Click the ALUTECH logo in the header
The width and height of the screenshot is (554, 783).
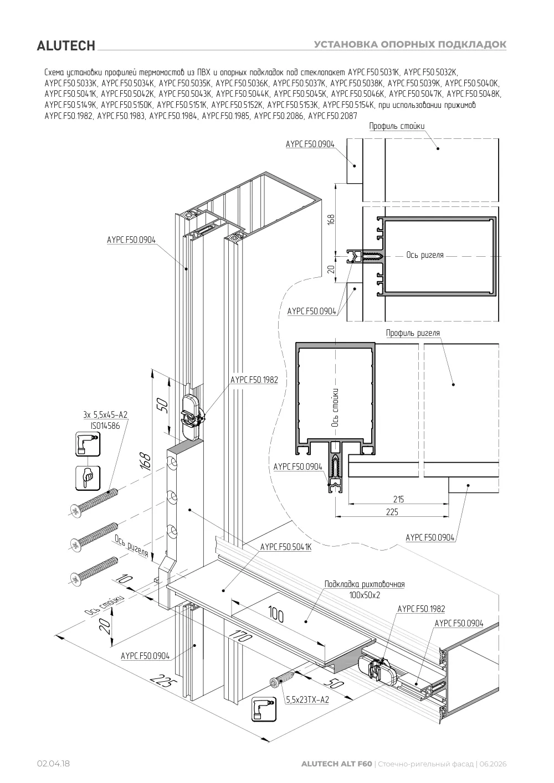(66, 46)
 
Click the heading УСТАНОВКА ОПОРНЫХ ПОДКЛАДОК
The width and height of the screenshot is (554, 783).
(410, 44)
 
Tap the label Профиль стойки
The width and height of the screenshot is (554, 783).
(397, 126)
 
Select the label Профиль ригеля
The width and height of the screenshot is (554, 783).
(413, 333)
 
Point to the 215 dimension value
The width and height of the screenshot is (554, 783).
(398, 499)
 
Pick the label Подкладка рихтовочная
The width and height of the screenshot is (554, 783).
(365, 584)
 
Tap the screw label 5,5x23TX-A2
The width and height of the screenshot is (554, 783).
(307, 699)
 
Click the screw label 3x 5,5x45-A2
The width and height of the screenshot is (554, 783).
(105, 414)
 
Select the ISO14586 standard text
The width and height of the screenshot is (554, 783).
(105, 426)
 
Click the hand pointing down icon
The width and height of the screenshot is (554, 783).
(88, 478)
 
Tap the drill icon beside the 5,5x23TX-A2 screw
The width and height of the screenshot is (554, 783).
(264, 709)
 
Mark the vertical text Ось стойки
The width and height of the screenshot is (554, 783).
(335, 408)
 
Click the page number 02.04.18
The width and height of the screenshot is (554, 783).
(54, 763)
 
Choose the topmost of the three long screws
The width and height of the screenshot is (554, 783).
(94, 501)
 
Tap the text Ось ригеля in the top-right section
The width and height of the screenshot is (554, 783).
(425, 255)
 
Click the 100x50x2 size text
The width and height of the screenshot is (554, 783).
(365, 595)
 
